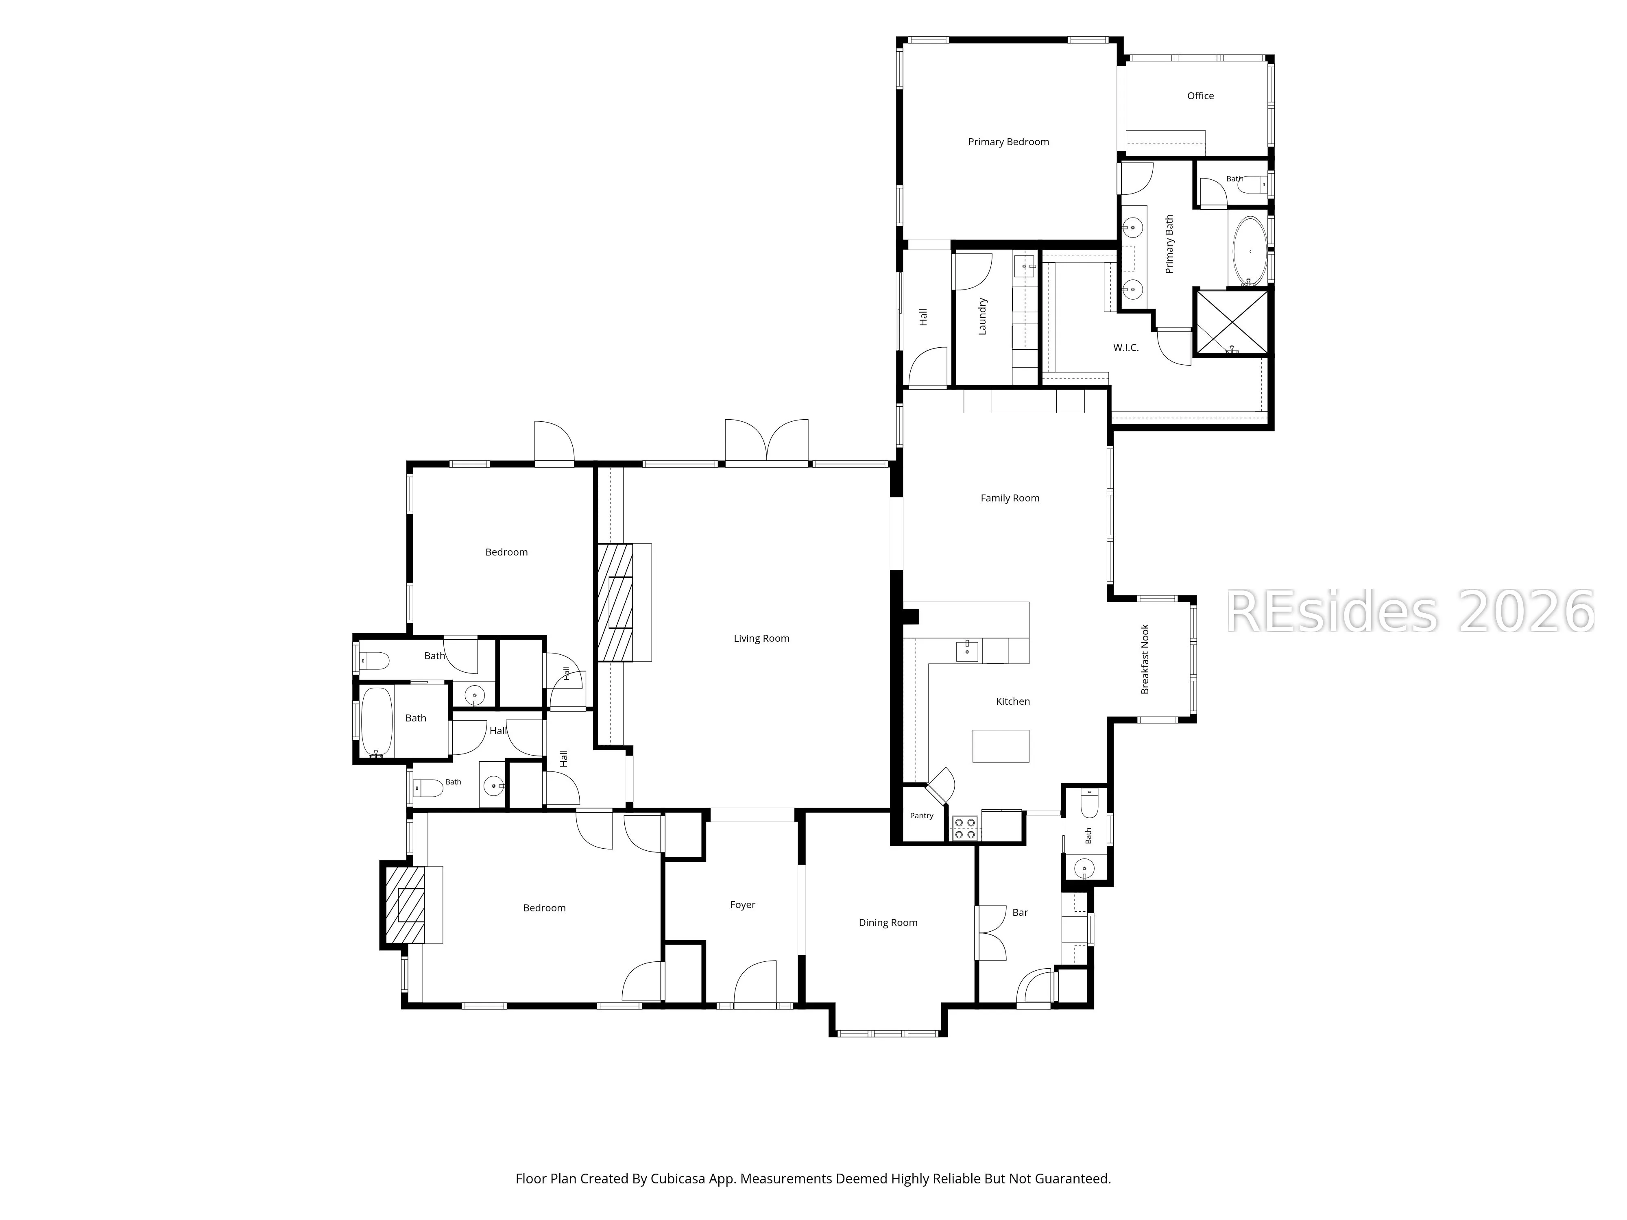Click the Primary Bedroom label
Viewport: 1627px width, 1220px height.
click(1008, 142)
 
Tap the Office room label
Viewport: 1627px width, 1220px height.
click(1200, 96)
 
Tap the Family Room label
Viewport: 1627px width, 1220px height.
click(1010, 498)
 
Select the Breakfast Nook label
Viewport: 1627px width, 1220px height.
click(1145, 659)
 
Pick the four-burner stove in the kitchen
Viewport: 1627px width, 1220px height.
click(966, 829)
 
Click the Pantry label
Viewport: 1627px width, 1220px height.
click(922, 815)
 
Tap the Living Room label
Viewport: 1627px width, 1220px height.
click(761, 638)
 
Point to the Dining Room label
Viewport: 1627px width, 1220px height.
click(888, 922)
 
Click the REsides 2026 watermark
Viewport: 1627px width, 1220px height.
click(1410, 612)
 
